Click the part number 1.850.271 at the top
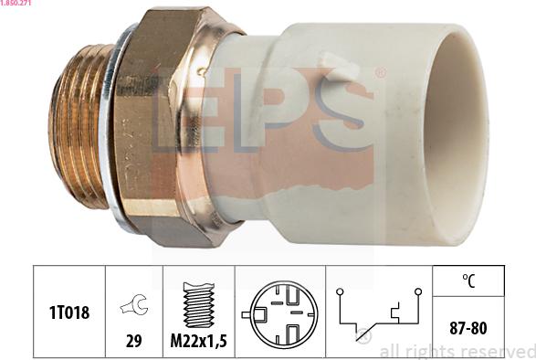click(16, 3)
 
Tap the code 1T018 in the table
click(69, 312)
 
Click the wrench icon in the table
click(134, 304)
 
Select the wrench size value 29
click(133, 341)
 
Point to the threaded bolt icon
click(199, 304)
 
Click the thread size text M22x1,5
click(199, 341)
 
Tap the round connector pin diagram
click(280, 313)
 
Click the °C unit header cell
click(468, 281)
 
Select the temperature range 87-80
click(468, 328)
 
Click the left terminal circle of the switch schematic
click(340, 291)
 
